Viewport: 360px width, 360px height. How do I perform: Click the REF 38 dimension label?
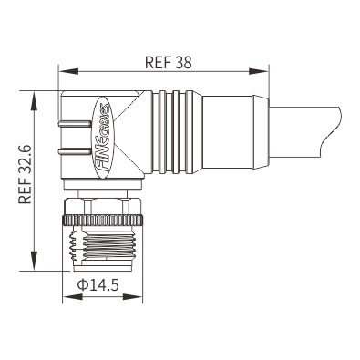pyautogui.click(x=169, y=62)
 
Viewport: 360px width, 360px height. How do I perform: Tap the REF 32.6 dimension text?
pyautogui.click(x=26, y=174)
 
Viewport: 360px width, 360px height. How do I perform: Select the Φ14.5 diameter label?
pyautogui.click(x=98, y=285)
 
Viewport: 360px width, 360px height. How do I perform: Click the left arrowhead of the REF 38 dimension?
pyautogui.click(x=68, y=71)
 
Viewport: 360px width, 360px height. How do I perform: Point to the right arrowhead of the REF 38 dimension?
pyautogui.click(x=259, y=71)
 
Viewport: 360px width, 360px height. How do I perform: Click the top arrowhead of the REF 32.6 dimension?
pyautogui.click(x=35, y=101)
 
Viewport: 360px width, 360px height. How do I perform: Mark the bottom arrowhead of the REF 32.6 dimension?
pyautogui.click(x=35, y=261)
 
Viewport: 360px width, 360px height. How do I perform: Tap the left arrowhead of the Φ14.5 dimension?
pyautogui.click(x=72, y=296)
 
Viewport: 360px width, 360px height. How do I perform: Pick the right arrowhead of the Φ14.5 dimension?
pyautogui.click(x=132, y=296)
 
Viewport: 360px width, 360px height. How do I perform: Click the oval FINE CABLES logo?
pyautogui.click(x=102, y=138)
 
